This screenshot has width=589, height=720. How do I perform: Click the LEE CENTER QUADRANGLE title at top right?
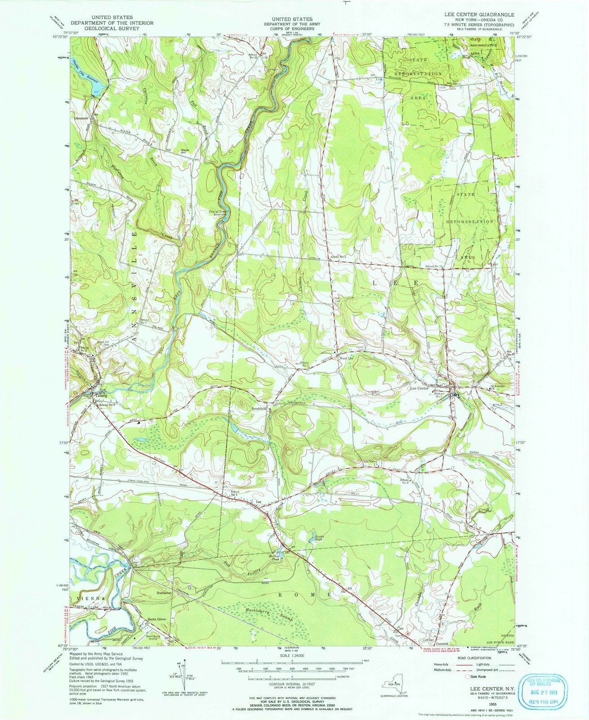[480, 15]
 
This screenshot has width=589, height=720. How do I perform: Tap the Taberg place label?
[101, 396]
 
